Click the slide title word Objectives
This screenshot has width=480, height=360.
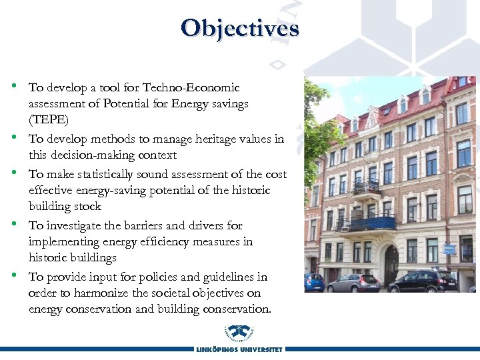pyautogui.click(x=239, y=28)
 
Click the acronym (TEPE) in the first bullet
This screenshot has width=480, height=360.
pyautogui.click(x=49, y=120)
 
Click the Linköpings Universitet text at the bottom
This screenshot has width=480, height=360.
pyautogui.click(x=239, y=349)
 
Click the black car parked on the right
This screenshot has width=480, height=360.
pyautogui.click(x=423, y=281)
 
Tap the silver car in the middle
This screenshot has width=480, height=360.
pyautogui.click(x=353, y=282)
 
